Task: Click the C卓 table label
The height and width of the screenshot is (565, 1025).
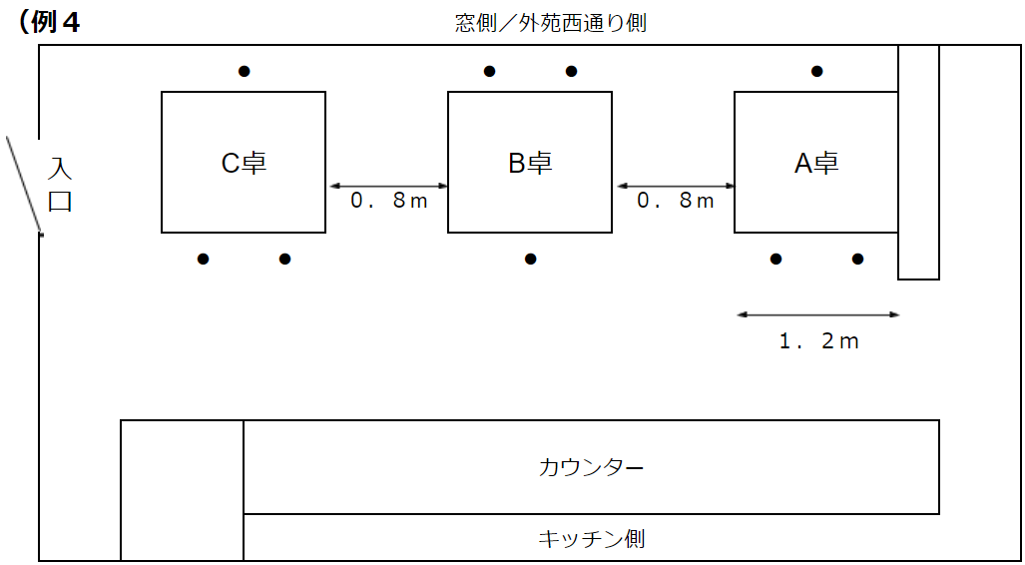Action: pyautogui.click(x=244, y=164)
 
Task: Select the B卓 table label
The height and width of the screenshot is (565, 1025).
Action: pyautogui.click(x=530, y=164)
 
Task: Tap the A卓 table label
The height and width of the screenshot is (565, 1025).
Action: pyautogui.click(x=816, y=164)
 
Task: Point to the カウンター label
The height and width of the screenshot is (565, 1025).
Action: pyautogui.click(x=591, y=467)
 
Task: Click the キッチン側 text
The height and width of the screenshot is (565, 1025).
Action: pyautogui.click(x=591, y=540)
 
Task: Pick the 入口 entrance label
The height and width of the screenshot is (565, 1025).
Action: pyautogui.click(x=61, y=184)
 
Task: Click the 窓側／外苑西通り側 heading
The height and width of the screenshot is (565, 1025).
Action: pyautogui.click(x=550, y=22)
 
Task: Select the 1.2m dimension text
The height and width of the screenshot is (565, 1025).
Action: pyautogui.click(x=818, y=341)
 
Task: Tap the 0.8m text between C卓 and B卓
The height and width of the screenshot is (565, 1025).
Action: pyautogui.click(x=388, y=201)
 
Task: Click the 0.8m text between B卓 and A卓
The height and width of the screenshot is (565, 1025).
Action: pyautogui.click(x=676, y=201)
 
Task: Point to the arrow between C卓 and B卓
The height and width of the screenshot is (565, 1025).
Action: pyautogui.click(x=388, y=186)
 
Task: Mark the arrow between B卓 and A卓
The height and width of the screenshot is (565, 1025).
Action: pyautogui.click(x=676, y=186)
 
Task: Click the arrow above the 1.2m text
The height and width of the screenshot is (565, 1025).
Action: pyautogui.click(x=818, y=315)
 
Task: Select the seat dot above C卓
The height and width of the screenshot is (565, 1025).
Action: pyautogui.click(x=244, y=71)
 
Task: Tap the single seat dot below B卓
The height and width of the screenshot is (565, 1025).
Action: pyautogui.click(x=531, y=260)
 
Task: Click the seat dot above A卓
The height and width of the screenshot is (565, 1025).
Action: pyautogui.click(x=816, y=71)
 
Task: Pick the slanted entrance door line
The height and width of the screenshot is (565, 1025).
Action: pyautogui.click(x=24, y=186)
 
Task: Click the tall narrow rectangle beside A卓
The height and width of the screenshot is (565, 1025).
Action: pyautogui.click(x=918, y=162)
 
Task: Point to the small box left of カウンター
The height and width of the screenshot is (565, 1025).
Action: pyautogui.click(x=182, y=490)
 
